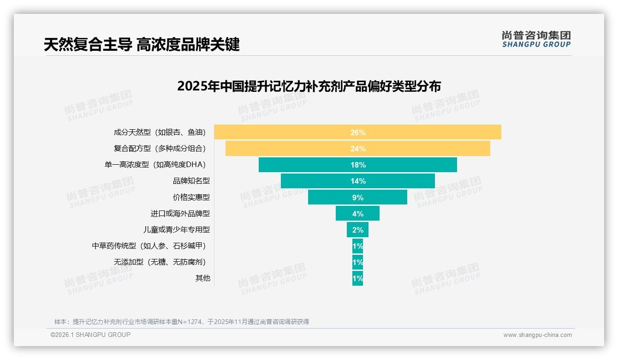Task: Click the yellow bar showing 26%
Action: [357, 132]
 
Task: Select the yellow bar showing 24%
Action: [357, 149]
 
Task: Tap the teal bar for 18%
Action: [357, 165]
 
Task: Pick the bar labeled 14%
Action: [357, 181]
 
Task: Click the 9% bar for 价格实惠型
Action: [357, 198]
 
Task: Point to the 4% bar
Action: [357, 214]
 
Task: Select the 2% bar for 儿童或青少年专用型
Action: [357, 230]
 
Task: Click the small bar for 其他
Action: [357, 278]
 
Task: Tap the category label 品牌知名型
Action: [191, 181]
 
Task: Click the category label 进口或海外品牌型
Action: [180, 214]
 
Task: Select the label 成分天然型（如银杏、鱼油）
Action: [160, 132]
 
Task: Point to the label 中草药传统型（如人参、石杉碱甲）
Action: [149, 246]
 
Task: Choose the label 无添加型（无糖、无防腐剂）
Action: [160, 262]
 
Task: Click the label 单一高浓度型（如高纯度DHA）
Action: [155, 165]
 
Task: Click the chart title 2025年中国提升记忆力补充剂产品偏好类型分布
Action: [309, 86]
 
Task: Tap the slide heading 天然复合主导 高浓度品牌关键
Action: [142, 45]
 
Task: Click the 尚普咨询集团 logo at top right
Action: [536, 39]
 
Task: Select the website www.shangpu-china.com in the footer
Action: [537, 335]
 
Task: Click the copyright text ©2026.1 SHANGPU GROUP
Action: [90, 335]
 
